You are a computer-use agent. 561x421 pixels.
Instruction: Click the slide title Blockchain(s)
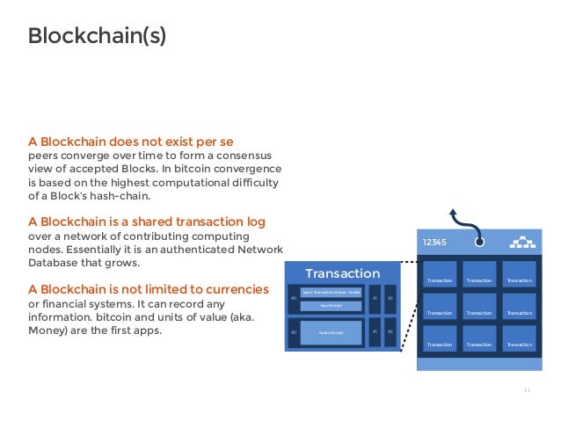97,36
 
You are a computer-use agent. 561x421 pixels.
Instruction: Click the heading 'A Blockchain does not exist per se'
130,141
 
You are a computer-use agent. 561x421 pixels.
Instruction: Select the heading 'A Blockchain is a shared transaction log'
147,220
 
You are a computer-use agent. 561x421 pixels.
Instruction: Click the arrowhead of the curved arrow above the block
454,212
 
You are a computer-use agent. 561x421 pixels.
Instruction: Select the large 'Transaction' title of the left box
342,273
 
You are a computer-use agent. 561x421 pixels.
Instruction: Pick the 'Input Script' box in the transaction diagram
331,306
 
